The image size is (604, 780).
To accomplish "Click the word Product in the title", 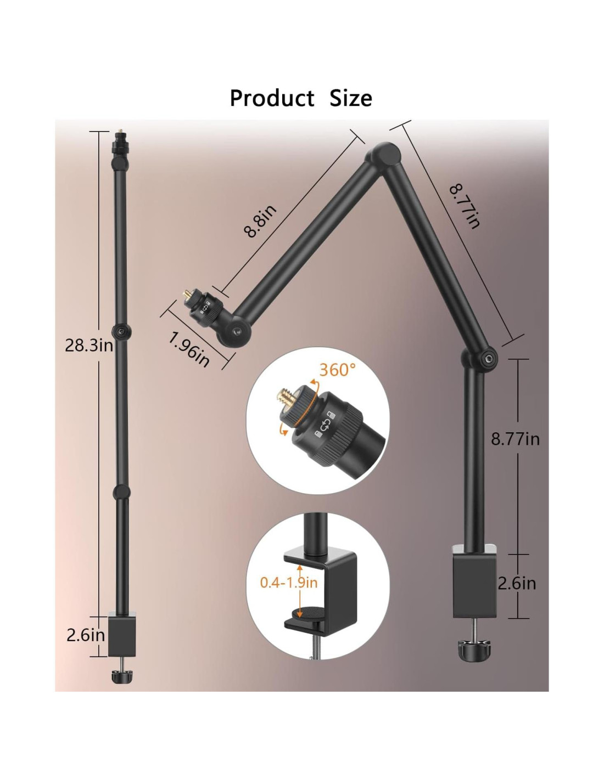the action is (272, 98).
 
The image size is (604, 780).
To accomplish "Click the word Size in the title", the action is (351, 98).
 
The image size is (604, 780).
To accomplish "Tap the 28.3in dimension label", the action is (89, 346).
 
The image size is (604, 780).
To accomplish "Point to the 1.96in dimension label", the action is (189, 349).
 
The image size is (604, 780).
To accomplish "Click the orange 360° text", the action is (337, 369).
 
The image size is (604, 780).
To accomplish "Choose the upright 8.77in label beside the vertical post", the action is (515, 439).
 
